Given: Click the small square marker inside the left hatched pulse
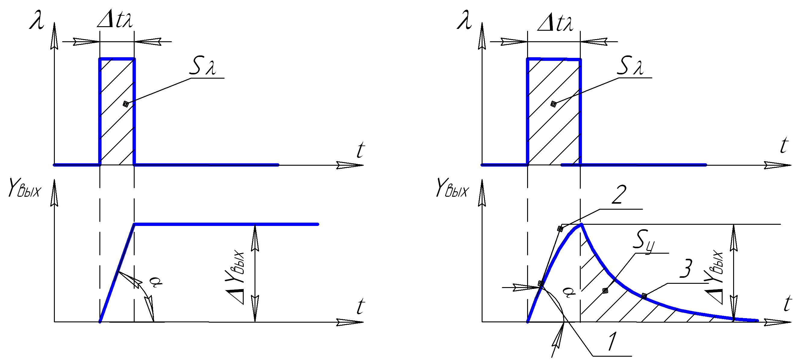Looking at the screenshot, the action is (x=126, y=104).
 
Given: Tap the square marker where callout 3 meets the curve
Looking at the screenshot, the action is (x=644, y=296).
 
